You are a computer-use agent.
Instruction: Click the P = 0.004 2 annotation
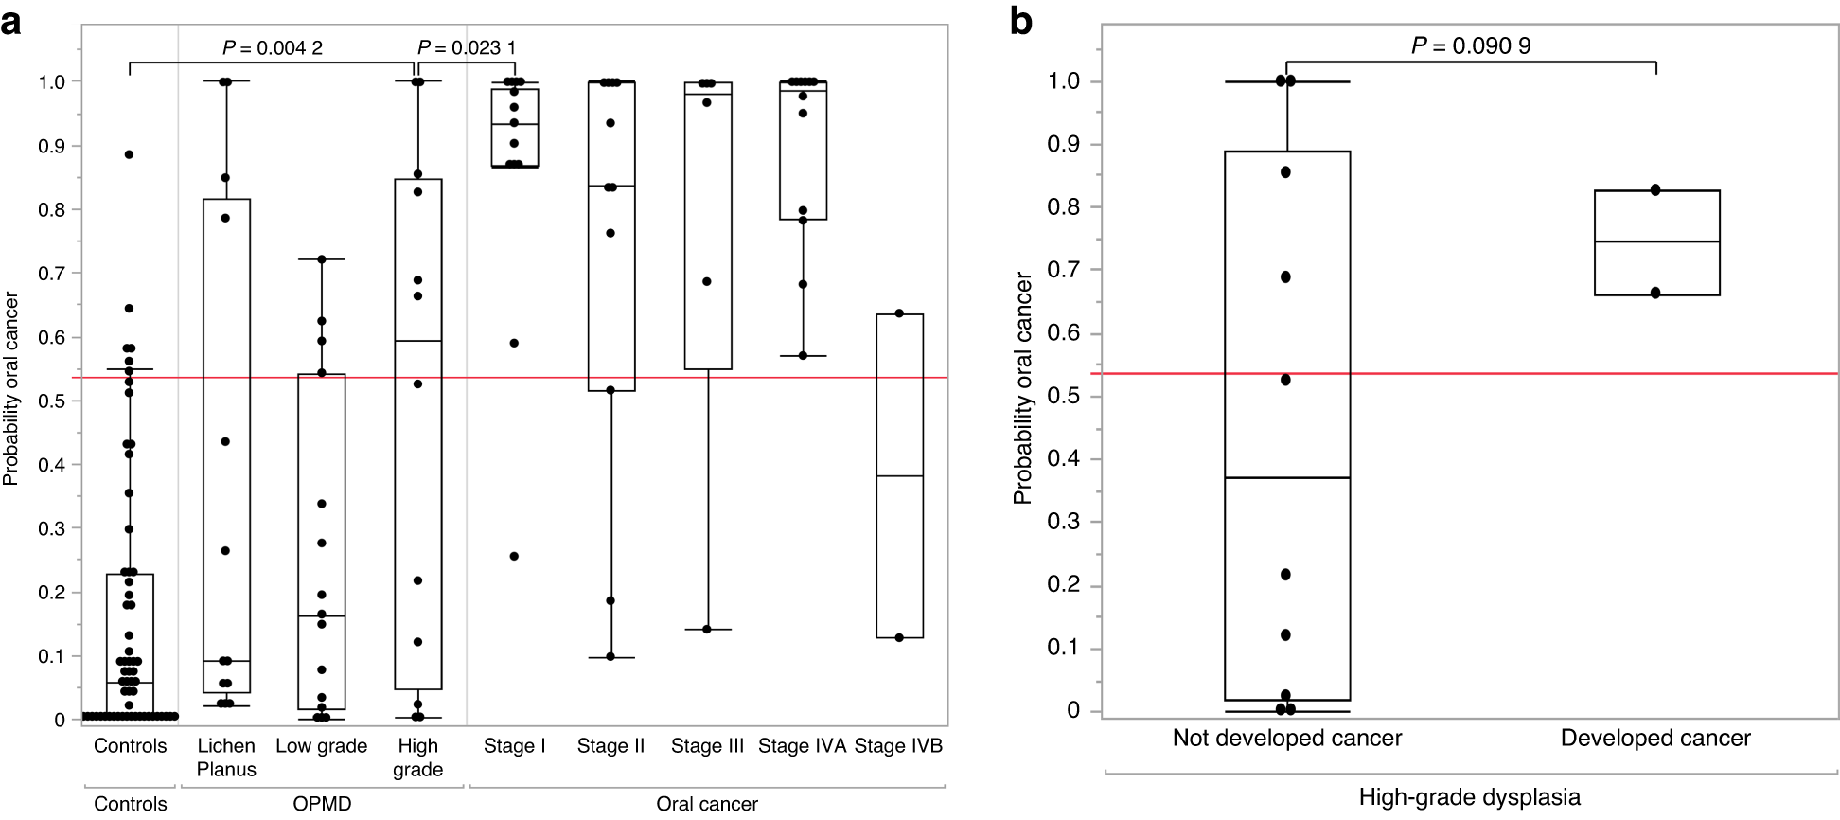[273, 47]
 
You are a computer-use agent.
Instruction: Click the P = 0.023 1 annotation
[467, 47]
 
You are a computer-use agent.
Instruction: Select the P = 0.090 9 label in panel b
[1471, 45]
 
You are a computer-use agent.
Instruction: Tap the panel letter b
[1021, 21]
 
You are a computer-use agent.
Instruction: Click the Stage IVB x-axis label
[898, 746]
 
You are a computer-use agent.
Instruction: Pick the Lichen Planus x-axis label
[226, 758]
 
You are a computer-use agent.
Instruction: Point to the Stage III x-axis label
[707, 746]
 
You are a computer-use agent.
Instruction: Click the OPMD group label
[322, 804]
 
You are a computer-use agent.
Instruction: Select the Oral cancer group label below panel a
[707, 804]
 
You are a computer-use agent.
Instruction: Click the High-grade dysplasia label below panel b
[1470, 797]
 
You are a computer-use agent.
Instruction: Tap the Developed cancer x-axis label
[1655, 739]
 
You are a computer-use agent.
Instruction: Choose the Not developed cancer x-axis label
[1287, 739]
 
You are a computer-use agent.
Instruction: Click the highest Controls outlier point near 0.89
[130, 154]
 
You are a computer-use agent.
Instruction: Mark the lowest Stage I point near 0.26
[514, 556]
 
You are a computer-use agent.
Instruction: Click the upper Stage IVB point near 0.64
[899, 313]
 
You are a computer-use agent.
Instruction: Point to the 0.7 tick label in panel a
[52, 274]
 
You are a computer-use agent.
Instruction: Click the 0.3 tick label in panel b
[1065, 523]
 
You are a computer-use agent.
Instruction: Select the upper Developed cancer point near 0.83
[1655, 190]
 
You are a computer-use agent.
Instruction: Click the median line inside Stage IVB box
[899, 476]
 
